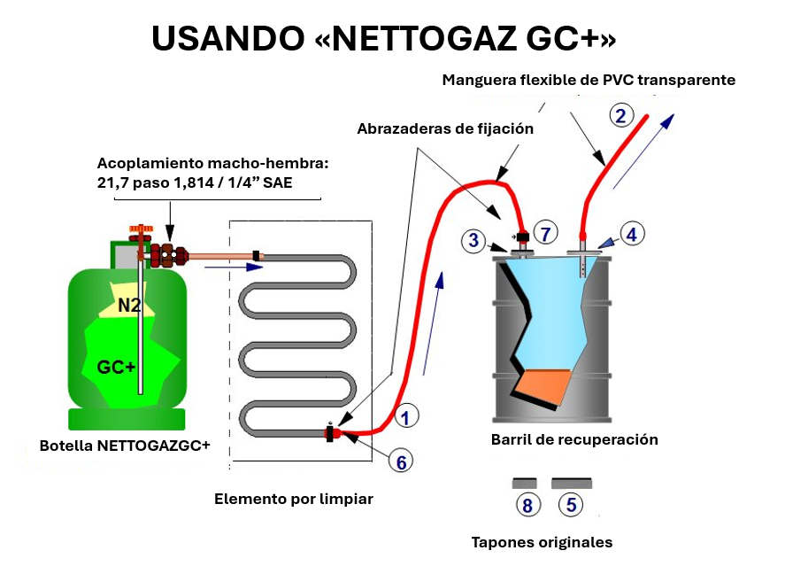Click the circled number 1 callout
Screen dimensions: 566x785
click(x=405, y=415)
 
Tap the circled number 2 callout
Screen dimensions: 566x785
click(x=620, y=115)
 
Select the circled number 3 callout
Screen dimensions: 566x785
click(x=474, y=239)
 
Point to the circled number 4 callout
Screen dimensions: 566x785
click(x=631, y=234)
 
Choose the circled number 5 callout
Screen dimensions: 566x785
click(x=571, y=505)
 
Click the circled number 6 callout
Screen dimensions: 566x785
click(x=400, y=461)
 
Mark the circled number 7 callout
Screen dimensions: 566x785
click(x=546, y=234)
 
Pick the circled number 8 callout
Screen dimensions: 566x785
click(x=527, y=505)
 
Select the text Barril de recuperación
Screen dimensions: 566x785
click(x=574, y=439)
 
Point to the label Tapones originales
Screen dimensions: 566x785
click(x=542, y=542)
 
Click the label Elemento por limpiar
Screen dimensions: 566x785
click(x=294, y=500)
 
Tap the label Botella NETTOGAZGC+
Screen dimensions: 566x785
click(x=125, y=446)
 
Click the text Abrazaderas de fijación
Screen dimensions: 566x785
click(x=445, y=128)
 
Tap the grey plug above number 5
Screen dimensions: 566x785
click(x=572, y=484)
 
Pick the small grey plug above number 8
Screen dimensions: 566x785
click(x=525, y=484)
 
